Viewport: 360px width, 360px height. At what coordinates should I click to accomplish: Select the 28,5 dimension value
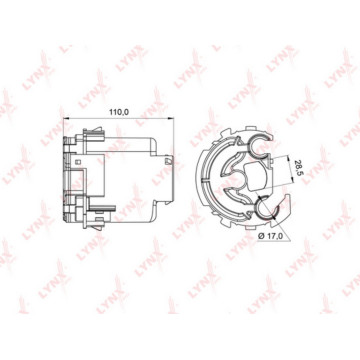coord(298,171)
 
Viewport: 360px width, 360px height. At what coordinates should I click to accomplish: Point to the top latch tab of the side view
coord(78,137)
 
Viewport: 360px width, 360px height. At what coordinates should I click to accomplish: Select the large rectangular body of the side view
coord(120,180)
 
